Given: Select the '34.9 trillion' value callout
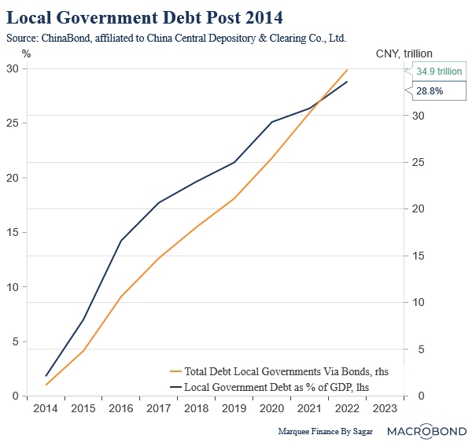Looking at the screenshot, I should pos(439,72).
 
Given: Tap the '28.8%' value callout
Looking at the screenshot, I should pos(430,91).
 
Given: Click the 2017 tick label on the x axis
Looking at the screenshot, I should pos(159,409).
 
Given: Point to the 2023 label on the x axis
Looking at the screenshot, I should pos(384,409).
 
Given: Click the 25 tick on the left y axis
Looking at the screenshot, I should pos(12,123).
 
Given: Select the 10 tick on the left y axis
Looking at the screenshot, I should pos(12,287).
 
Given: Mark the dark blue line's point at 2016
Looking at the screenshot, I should pos(121,241).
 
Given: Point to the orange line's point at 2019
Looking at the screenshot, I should pos(234,198).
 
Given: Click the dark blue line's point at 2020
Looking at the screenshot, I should pos(271,122).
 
